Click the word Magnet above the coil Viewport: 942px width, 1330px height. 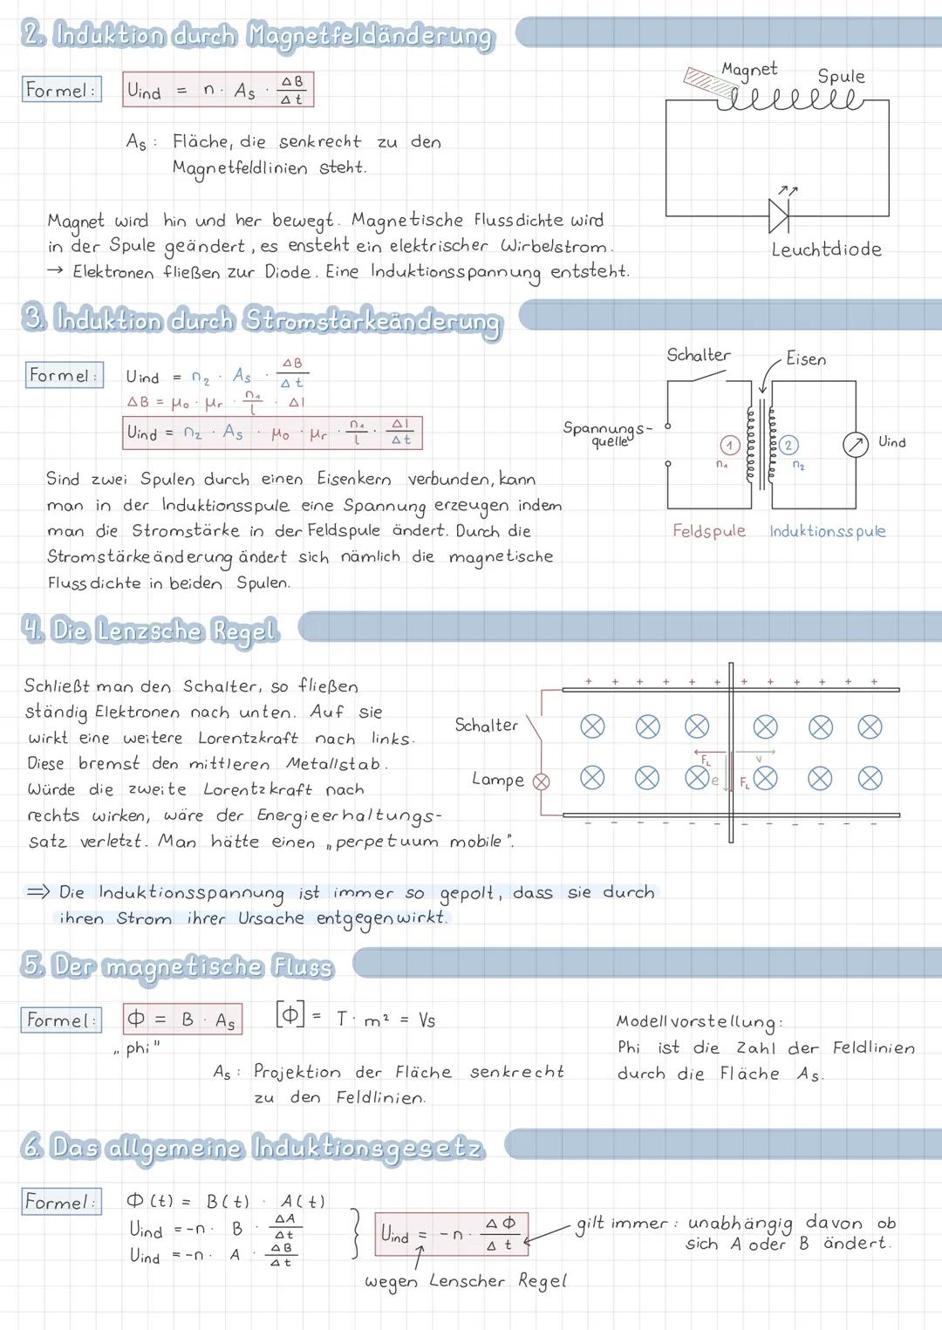tap(748, 69)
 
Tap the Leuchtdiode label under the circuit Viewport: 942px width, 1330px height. tap(825, 249)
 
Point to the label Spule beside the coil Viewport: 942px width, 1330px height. tap(840, 77)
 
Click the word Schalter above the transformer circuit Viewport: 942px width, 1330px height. tap(698, 355)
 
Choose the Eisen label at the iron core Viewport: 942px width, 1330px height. tap(805, 359)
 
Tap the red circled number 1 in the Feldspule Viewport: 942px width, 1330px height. tap(728, 445)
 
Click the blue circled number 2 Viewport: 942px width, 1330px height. tap(788, 445)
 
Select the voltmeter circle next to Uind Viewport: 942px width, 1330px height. tap(855, 445)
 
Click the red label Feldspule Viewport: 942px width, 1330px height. tap(708, 531)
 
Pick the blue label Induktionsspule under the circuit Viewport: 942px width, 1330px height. tap(827, 531)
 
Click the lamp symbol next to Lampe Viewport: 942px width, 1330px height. tap(542, 782)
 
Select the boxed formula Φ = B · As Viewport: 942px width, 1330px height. tap(182, 1020)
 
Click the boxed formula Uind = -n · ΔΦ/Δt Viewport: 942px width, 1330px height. tap(451, 1234)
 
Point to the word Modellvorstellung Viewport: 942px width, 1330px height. tap(699, 1021)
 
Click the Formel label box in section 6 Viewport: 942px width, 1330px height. tap(60, 1202)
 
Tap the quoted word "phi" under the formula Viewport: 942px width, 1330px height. tap(138, 1048)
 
